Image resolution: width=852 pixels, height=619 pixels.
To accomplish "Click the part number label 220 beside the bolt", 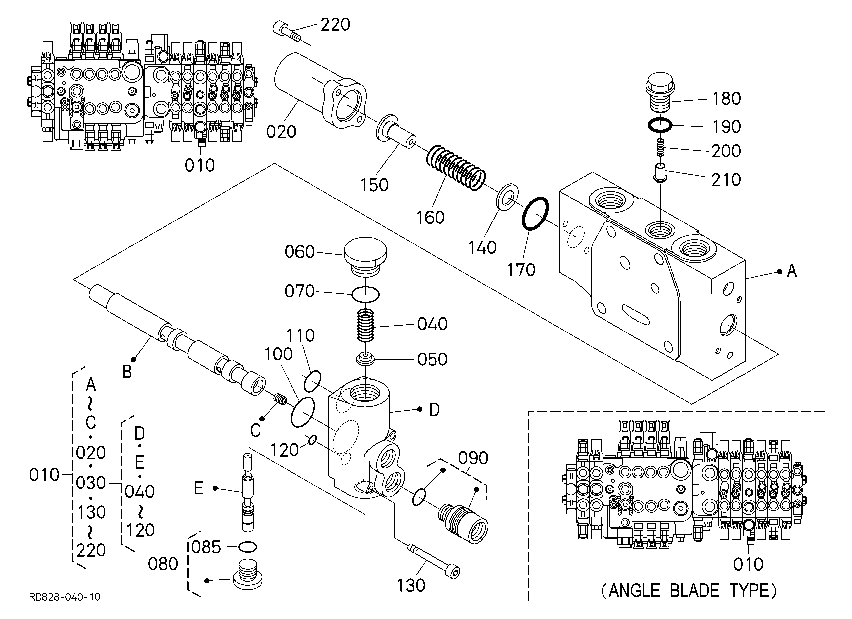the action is click(x=335, y=25).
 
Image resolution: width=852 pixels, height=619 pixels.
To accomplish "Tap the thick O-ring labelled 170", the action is click(x=535, y=213).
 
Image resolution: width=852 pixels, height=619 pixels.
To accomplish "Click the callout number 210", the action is click(x=726, y=180).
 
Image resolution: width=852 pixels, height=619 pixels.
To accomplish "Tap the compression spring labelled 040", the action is click(x=365, y=325).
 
